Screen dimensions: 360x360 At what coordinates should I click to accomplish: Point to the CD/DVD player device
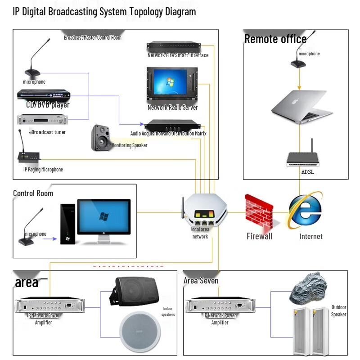44,95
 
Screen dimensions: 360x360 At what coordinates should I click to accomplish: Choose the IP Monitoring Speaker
100,137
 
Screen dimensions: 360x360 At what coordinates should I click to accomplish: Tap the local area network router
204,211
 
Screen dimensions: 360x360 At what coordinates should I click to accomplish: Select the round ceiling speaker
140,332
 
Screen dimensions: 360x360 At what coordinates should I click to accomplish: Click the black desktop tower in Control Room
67,224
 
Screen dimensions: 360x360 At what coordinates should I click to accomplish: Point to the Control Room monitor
104,217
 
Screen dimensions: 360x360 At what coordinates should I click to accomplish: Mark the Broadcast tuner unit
43,120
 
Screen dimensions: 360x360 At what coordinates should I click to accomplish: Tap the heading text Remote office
275,39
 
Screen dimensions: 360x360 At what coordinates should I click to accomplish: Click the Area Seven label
201,281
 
